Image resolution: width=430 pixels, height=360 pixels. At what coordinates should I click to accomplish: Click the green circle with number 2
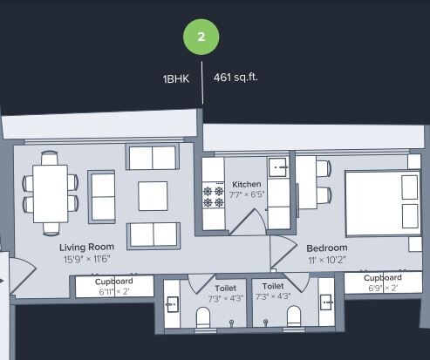(201, 37)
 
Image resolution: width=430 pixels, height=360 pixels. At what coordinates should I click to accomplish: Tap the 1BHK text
(175, 78)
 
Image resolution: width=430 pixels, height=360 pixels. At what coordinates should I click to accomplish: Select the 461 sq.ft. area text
(235, 78)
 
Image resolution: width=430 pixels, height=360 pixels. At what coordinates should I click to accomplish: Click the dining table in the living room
(51, 194)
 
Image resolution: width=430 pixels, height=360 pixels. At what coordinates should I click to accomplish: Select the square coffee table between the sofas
(153, 195)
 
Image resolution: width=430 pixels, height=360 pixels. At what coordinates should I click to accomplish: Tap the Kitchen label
(247, 184)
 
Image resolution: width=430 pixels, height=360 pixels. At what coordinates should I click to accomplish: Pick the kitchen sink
(279, 167)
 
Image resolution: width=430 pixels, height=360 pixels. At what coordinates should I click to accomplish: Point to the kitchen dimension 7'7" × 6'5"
(247, 195)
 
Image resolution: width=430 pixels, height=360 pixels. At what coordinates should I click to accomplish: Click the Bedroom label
(327, 248)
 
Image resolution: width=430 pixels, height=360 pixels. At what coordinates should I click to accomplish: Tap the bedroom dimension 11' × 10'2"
(327, 260)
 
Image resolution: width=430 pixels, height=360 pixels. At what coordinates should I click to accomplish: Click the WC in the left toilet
(203, 317)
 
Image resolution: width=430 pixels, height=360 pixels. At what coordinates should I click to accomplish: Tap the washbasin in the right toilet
(325, 302)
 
